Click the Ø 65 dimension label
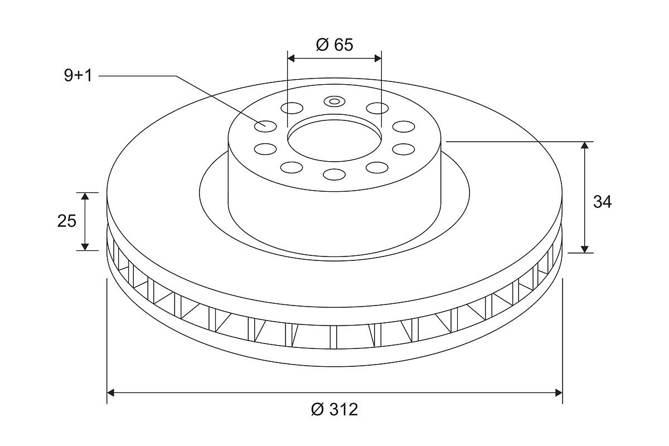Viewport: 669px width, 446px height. pyautogui.click(x=334, y=45)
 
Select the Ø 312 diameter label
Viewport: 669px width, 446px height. pyautogui.click(x=334, y=409)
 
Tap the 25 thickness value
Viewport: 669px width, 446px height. pyautogui.click(x=67, y=221)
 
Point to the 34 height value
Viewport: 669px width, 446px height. pyautogui.click(x=603, y=202)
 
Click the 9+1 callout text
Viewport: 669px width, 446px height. pyautogui.click(x=78, y=75)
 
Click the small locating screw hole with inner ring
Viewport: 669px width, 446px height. pyautogui.click(x=334, y=101)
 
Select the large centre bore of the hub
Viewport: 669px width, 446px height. pyautogui.click(x=334, y=140)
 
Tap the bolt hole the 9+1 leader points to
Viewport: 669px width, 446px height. pyautogui.click(x=265, y=126)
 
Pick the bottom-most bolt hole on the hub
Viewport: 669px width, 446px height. pyautogui.click(x=334, y=174)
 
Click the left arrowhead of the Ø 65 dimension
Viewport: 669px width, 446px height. pyautogui.click(x=291, y=59)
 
